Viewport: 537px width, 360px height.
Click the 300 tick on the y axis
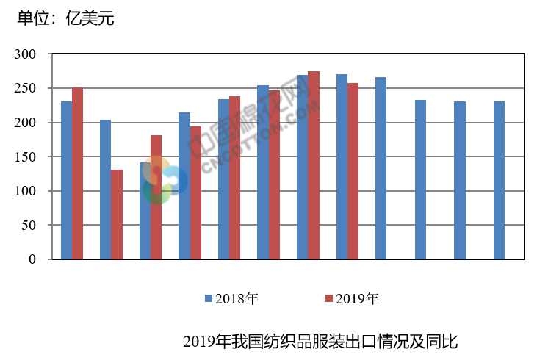pos(26,54)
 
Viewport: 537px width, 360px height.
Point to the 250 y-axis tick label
pos(26,88)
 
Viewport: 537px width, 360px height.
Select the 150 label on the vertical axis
pos(26,156)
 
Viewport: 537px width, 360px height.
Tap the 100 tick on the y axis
pos(26,191)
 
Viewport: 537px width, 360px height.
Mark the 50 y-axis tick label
pos(29,225)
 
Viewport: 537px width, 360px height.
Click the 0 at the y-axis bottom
pos(32,259)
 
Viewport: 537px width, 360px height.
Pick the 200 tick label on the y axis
pos(26,123)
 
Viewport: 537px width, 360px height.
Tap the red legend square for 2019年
pos(329,299)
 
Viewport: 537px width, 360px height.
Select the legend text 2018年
pos(236,299)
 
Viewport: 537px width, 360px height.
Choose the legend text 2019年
pos(357,299)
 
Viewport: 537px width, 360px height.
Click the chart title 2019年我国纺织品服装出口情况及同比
pos(320,342)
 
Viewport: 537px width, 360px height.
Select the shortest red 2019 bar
pos(117,215)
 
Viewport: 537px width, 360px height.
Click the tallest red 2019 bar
pos(314,165)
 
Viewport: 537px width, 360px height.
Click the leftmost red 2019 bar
pos(77,173)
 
